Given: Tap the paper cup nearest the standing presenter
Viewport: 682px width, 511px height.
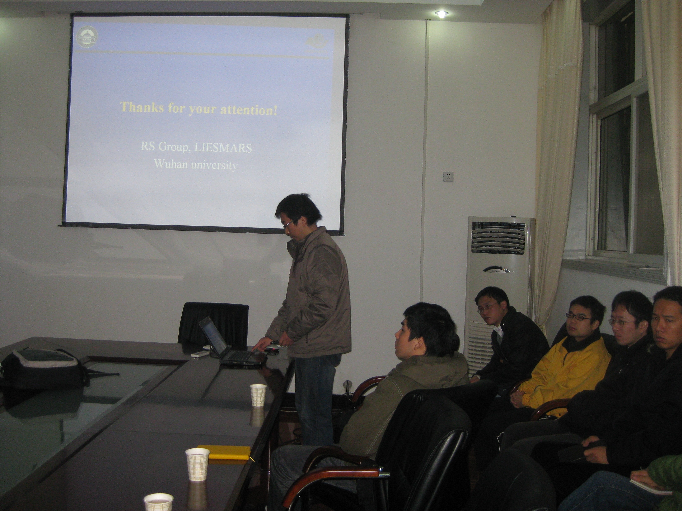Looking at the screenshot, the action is [258, 395].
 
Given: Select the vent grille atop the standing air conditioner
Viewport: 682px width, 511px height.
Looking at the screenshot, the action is [498, 237].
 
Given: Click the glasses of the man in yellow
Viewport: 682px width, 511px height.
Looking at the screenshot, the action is [578, 317].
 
